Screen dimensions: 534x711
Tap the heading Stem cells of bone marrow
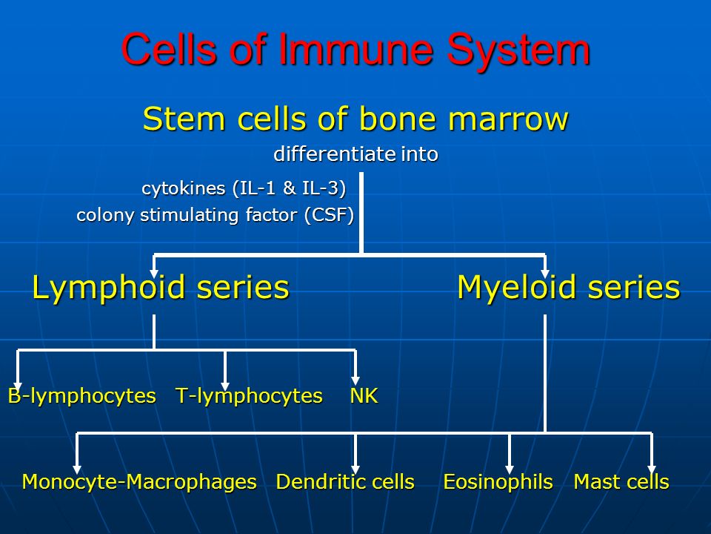[x=355, y=119]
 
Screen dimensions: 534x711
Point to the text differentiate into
[x=355, y=155]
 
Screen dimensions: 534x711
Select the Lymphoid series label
[x=160, y=287]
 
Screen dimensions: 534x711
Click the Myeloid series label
[x=568, y=287]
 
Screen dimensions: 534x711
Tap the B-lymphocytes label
[x=82, y=396]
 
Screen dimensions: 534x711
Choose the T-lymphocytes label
[x=249, y=396]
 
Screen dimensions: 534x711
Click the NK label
[x=364, y=396]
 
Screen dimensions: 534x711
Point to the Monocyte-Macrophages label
[x=139, y=482]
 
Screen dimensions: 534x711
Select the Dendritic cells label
[x=344, y=482]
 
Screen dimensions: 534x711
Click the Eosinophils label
[x=498, y=482]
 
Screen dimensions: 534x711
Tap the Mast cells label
[x=621, y=482]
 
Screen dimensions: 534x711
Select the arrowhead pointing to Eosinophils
[x=510, y=467]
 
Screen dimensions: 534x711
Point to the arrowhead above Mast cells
[x=652, y=467]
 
